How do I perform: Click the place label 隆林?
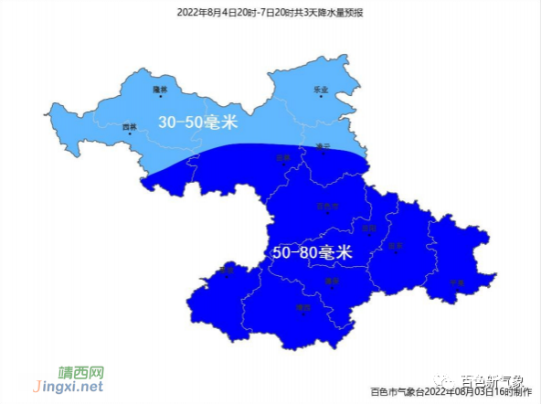tap(161, 89)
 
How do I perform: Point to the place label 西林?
tap(130, 127)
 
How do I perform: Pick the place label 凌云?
tap(322, 145)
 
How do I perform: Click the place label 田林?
tap(283, 157)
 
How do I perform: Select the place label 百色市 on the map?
tap(326, 207)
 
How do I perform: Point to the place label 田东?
tap(395, 245)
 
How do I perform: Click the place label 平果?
tap(457, 282)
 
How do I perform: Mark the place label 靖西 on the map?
tap(304, 308)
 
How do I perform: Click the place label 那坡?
tap(228, 270)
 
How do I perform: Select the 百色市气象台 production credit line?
tap(451, 392)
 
